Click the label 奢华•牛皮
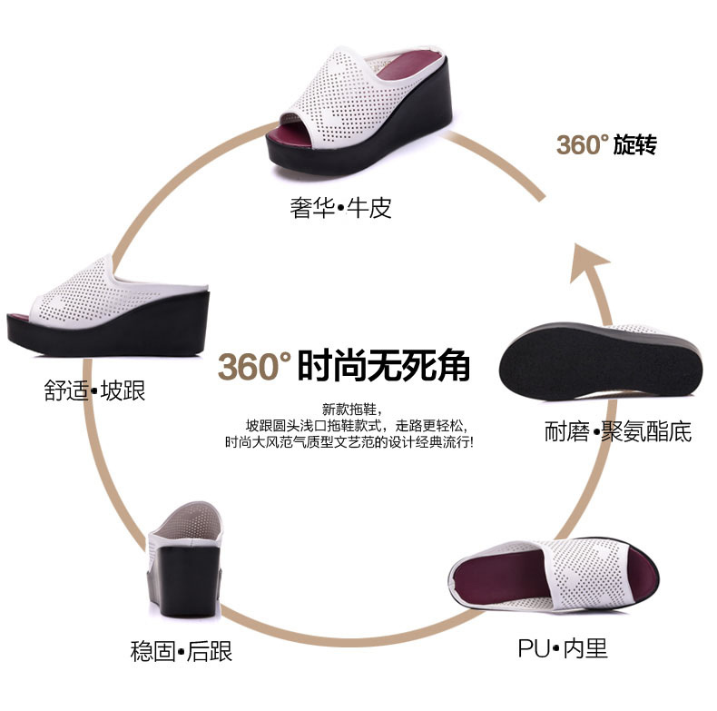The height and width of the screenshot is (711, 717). [x=341, y=209]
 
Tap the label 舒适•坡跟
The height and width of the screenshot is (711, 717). [x=94, y=391]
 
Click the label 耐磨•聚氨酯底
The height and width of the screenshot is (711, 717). [x=618, y=431]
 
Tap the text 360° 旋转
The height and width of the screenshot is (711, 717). [x=606, y=144]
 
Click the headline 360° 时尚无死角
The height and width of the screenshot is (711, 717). [x=344, y=366]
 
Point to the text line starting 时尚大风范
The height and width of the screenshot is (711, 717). [x=349, y=443]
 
